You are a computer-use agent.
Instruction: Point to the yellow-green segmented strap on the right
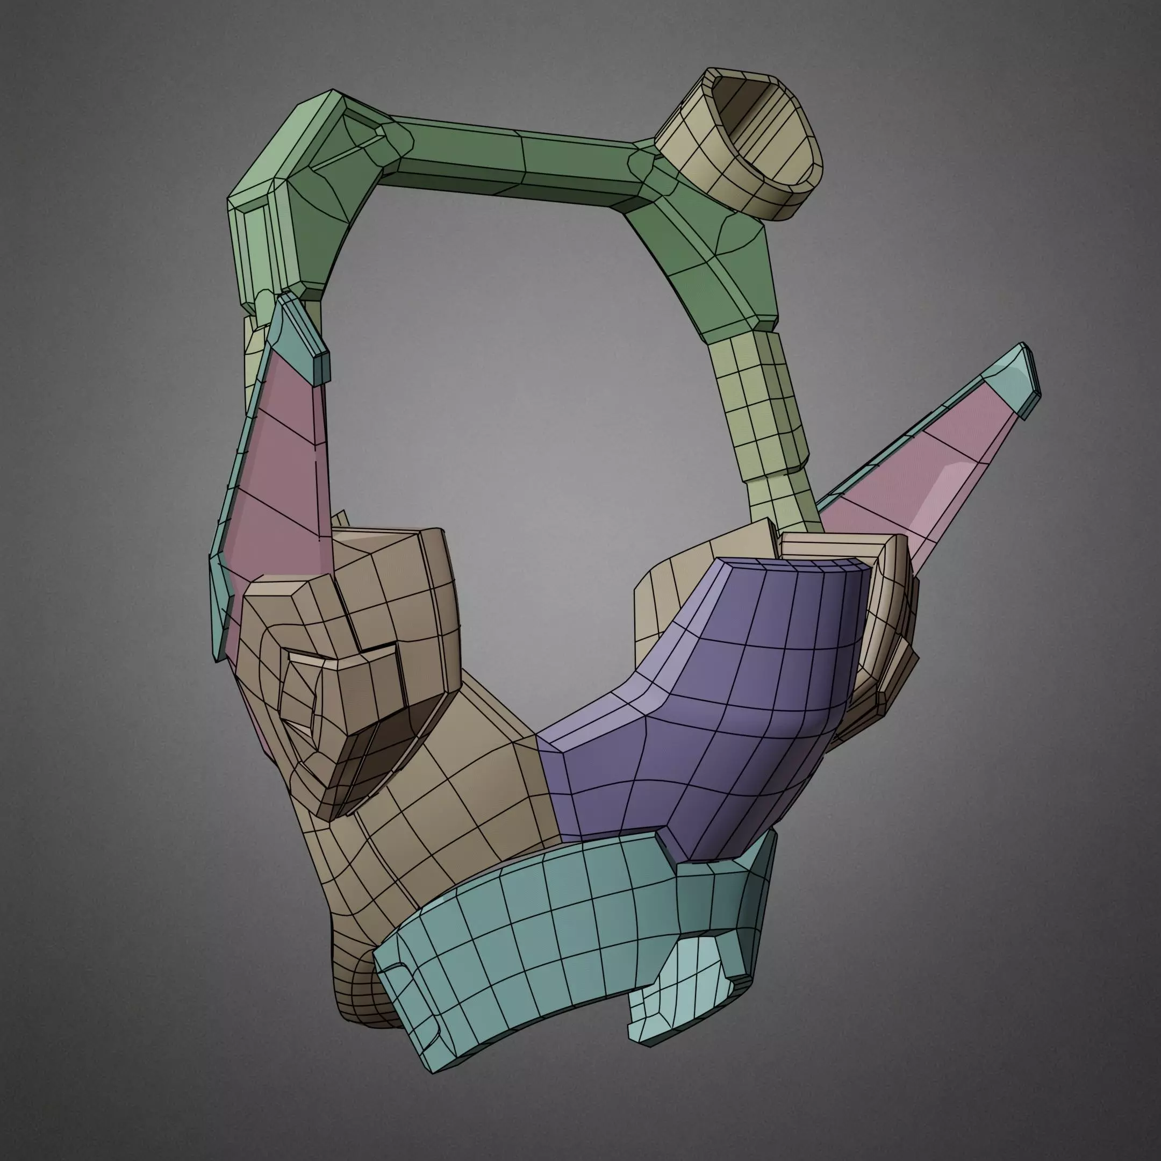coord(763,408)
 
